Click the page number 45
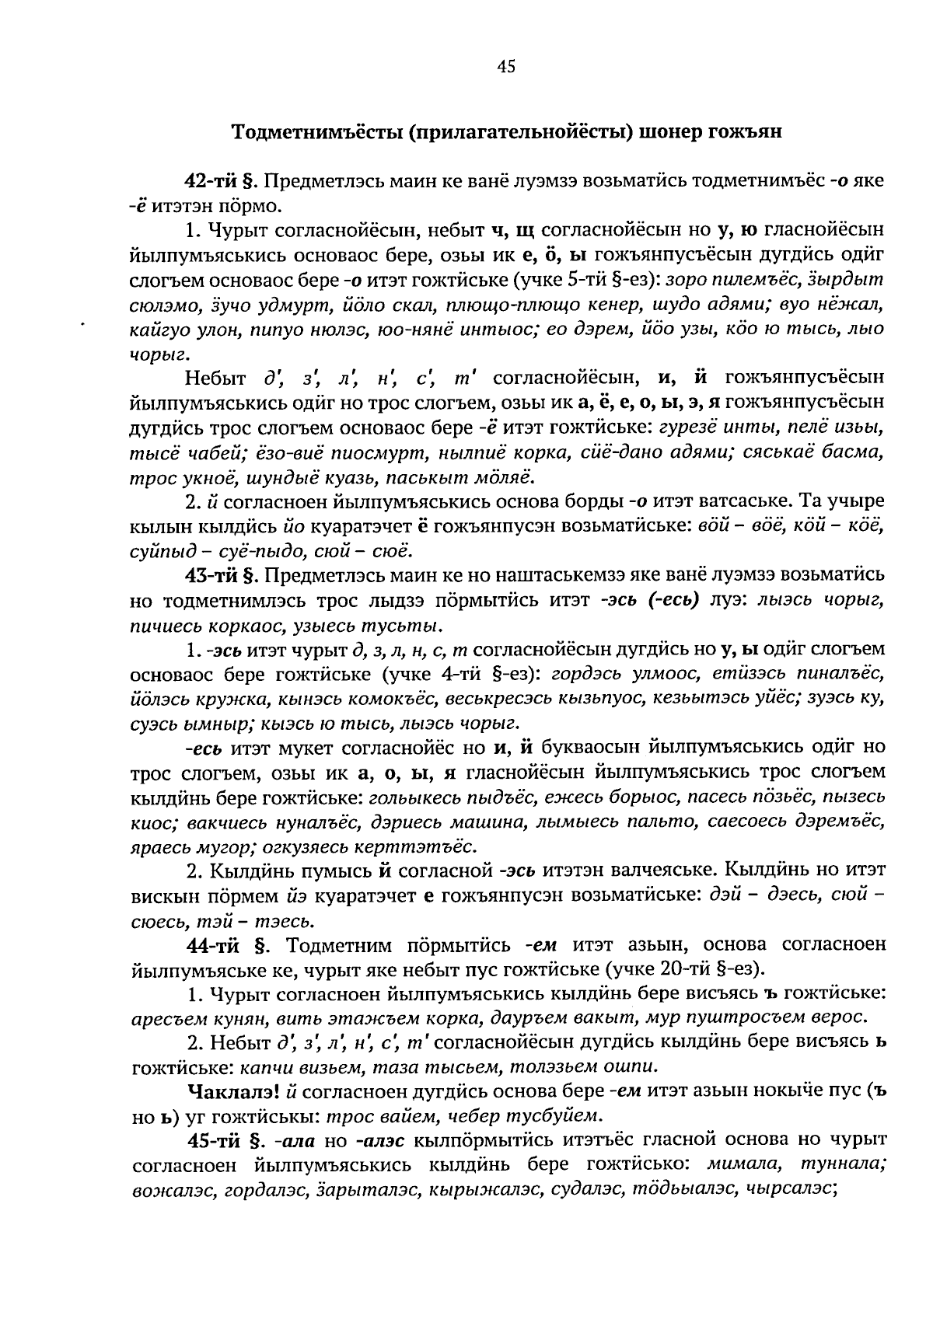(505, 68)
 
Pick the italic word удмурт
(314, 303)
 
